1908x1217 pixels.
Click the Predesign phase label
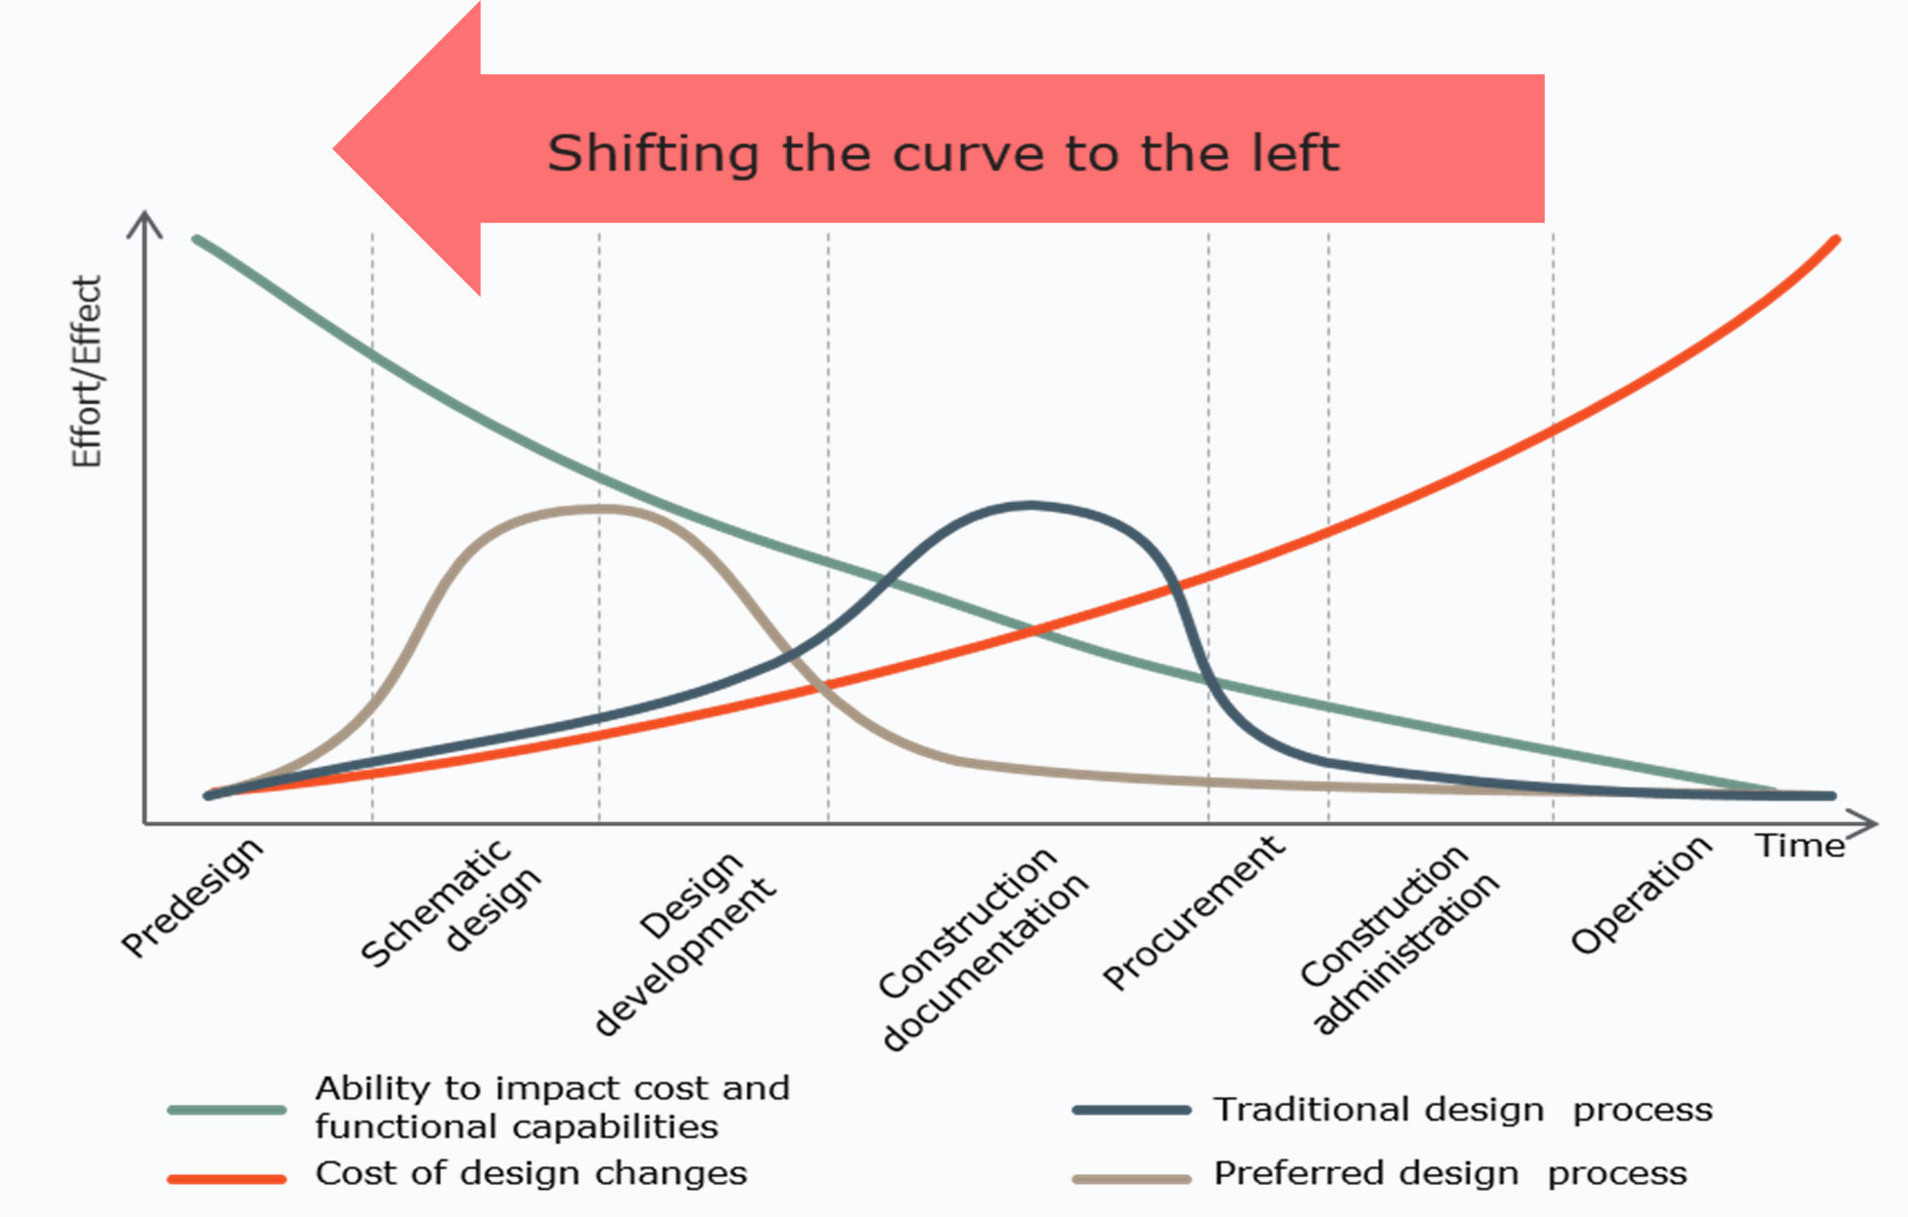pyautogui.click(x=192, y=897)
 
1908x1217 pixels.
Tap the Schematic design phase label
pyautogui.click(x=450, y=904)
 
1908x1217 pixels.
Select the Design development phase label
pyautogui.click(x=686, y=942)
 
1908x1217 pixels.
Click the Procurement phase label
pyautogui.click(x=1193, y=912)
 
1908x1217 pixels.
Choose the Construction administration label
pyautogui.click(x=1399, y=938)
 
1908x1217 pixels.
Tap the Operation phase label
pyautogui.click(x=1641, y=894)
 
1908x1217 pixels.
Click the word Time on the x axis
pyautogui.click(x=1800, y=846)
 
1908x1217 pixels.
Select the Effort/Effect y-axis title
pyautogui.click(x=87, y=371)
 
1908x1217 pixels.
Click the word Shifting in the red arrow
pyautogui.click(x=653, y=154)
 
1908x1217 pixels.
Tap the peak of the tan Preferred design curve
pyautogui.click(x=599, y=508)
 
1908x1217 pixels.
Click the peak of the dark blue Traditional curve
pyautogui.click(x=1030, y=505)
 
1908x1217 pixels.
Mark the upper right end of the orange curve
pyautogui.click(x=1835, y=240)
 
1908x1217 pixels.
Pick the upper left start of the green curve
pyautogui.click(x=197, y=239)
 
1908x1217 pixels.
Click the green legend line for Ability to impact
pyautogui.click(x=227, y=1110)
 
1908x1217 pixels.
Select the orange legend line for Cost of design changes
pyautogui.click(x=227, y=1179)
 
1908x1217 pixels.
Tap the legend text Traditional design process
pyautogui.click(x=1462, y=1110)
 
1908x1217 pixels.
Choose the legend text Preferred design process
pyautogui.click(x=1449, y=1174)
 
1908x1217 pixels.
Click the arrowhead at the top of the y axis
pyautogui.click(x=145, y=217)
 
